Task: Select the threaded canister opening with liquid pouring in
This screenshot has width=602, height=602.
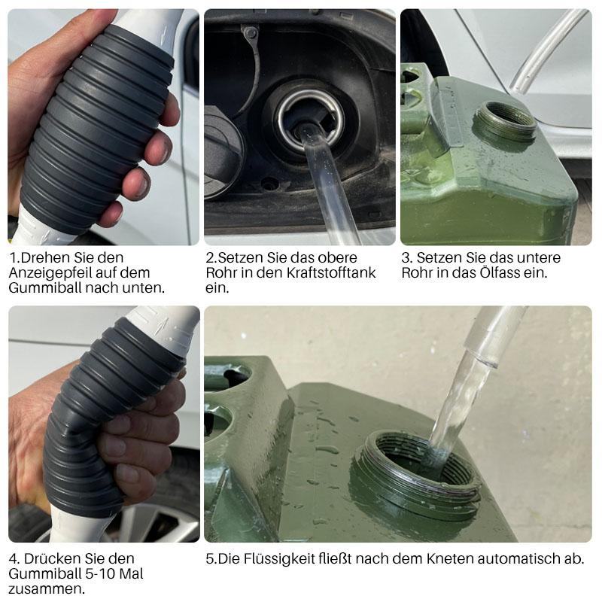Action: coord(416,470)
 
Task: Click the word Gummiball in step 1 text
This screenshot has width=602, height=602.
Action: coord(45,287)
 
